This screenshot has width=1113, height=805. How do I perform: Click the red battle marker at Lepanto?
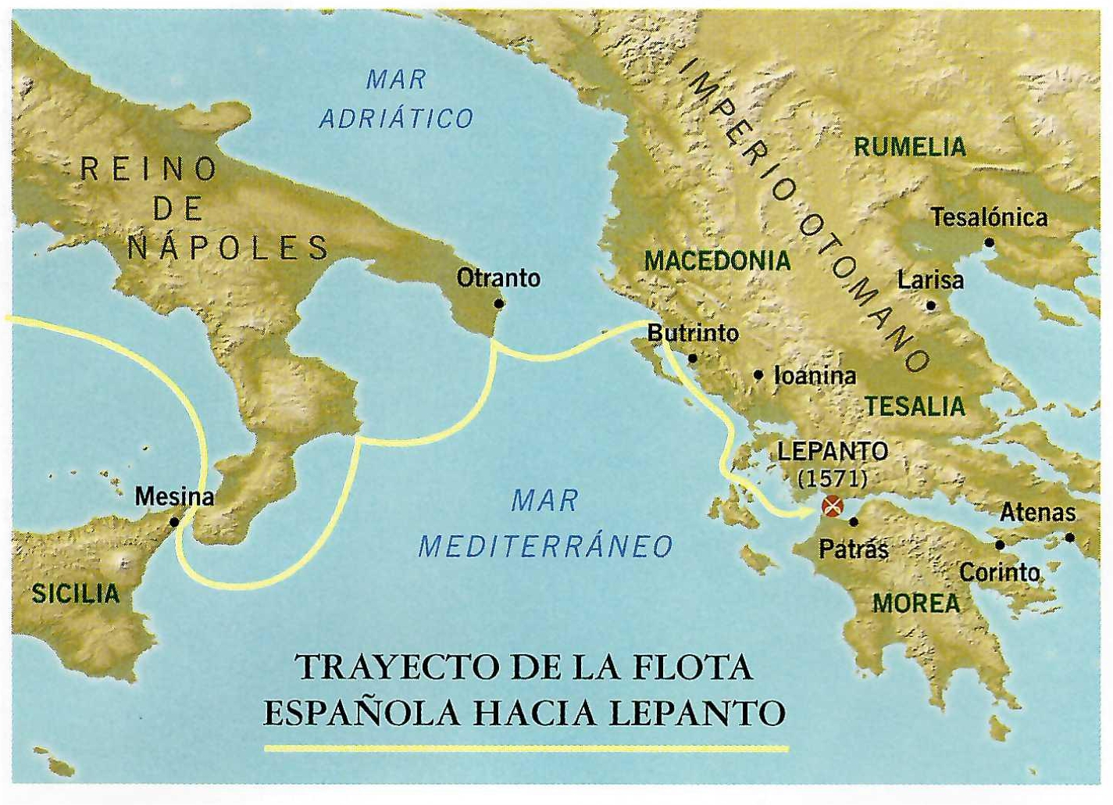(x=833, y=506)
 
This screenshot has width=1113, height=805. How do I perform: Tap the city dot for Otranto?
(x=499, y=303)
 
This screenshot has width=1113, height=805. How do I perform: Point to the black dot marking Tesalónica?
(x=989, y=242)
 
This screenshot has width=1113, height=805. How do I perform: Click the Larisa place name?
(x=930, y=280)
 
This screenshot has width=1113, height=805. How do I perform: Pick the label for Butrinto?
(x=693, y=333)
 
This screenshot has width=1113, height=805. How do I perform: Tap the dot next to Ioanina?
(x=758, y=375)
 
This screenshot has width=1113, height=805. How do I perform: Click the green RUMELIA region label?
(x=910, y=147)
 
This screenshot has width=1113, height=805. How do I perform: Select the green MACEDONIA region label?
(x=717, y=260)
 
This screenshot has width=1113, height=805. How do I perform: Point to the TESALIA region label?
(x=915, y=406)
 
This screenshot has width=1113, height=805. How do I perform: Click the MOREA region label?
(x=916, y=603)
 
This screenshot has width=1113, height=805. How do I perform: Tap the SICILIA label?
(x=76, y=593)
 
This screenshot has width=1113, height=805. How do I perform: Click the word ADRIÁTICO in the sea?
(x=396, y=119)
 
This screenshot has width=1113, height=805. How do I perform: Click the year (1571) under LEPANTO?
(x=833, y=478)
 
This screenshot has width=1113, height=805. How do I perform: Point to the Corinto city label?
(x=999, y=573)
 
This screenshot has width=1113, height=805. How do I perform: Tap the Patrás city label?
(x=853, y=550)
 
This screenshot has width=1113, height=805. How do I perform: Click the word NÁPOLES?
(x=228, y=248)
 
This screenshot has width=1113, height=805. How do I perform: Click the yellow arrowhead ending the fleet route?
(x=809, y=513)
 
